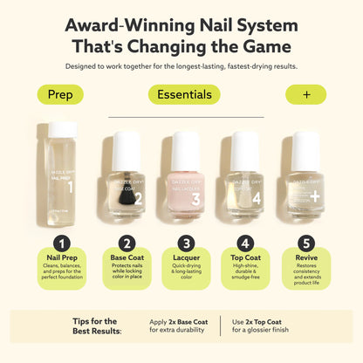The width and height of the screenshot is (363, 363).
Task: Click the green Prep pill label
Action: pos(60,94)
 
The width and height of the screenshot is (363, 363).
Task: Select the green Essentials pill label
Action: pos(182,94)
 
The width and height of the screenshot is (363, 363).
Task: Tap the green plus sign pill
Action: pos(305,94)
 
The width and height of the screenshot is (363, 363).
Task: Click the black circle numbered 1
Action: pos(60,243)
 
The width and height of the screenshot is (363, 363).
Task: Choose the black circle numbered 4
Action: pos(244,243)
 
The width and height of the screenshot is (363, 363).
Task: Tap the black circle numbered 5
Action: pos(305,243)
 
